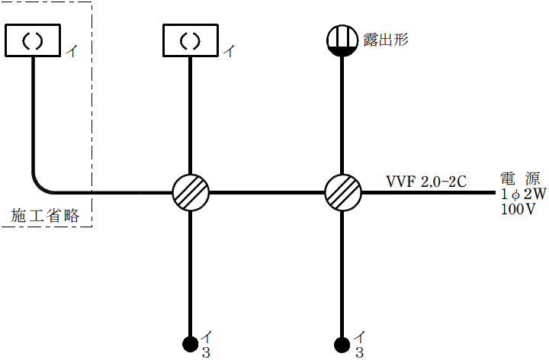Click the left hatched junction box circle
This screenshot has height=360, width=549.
pyautogui.click(x=190, y=192)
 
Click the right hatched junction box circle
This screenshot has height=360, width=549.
pyautogui.click(x=342, y=192)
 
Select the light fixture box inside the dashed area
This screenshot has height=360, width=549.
pyautogui.click(x=32, y=40)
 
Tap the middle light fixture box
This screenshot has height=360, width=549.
pyautogui.click(x=190, y=40)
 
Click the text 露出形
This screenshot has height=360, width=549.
pyautogui.click(x=386, y=39)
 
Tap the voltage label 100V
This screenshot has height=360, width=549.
pyautogui.click(x=518, y=210)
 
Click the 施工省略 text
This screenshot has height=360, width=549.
pyautogui.click(x=45, y=216)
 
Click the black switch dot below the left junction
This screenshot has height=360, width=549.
pyautogui.click(x=190, y=343)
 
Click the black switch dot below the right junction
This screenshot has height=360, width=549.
pyautogui.click(x=342, y=343)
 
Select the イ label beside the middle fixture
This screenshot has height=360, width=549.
pyautogui.click(x=229, y=52)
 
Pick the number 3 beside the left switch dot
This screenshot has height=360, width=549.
pyautogui.click(x=206, y=352)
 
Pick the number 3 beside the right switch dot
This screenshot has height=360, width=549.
pyautogui.click(x=359, y=352)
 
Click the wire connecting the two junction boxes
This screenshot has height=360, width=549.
pyautogui.click(x=266, y=192)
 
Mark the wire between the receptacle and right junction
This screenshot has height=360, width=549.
pyautogui.click(x=342, y=114)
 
